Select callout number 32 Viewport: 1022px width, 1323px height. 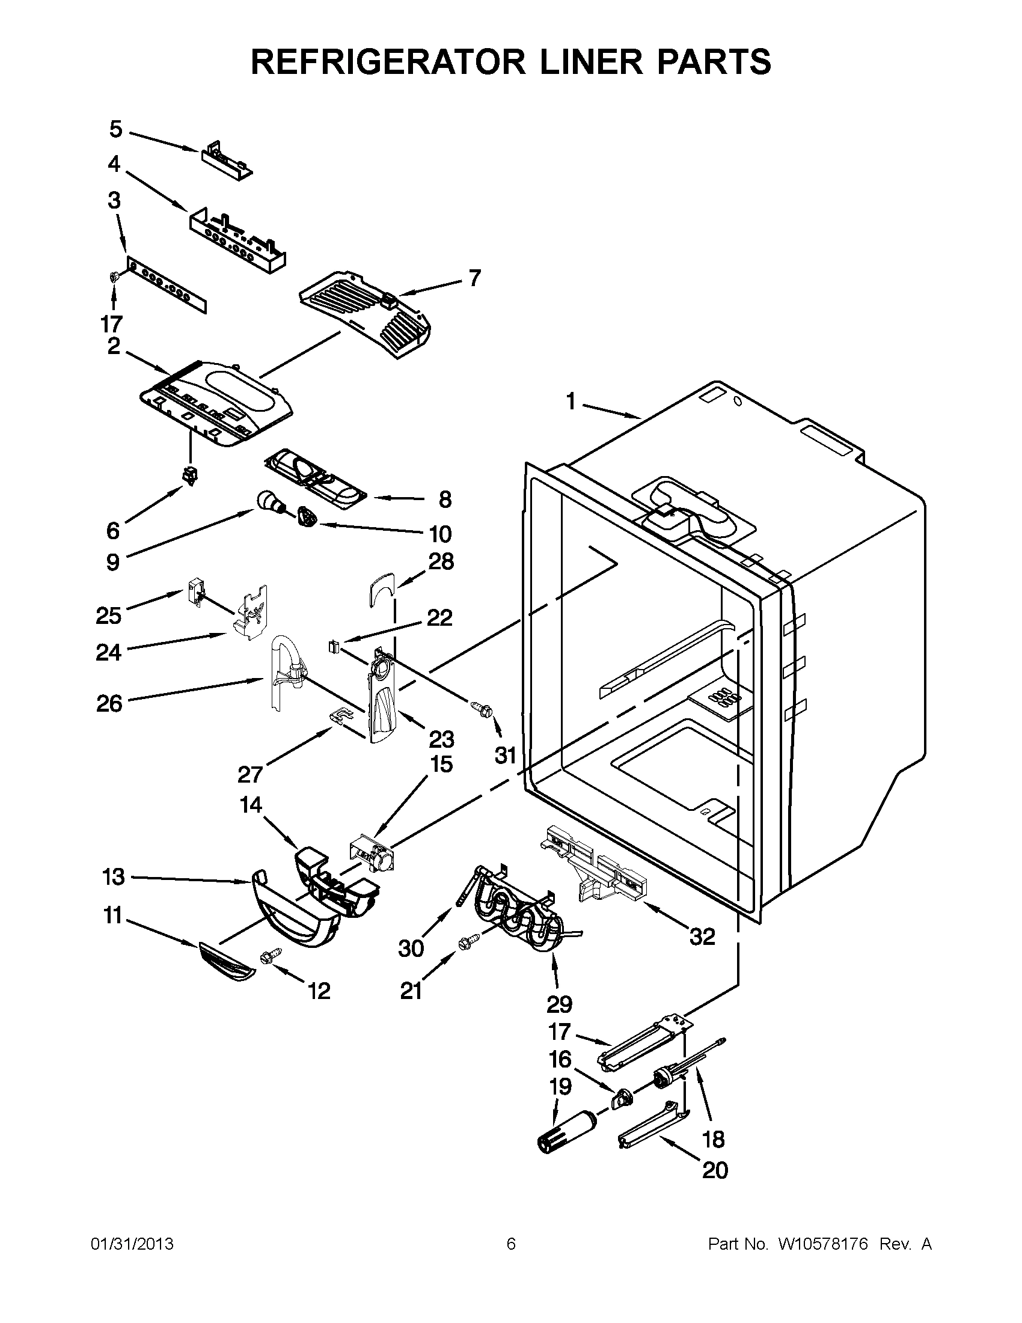702,937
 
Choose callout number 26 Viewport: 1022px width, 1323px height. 109,703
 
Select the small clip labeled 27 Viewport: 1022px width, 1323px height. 341,716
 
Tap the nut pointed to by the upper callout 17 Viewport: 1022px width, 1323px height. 112,278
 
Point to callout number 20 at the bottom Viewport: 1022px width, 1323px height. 715,1170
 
